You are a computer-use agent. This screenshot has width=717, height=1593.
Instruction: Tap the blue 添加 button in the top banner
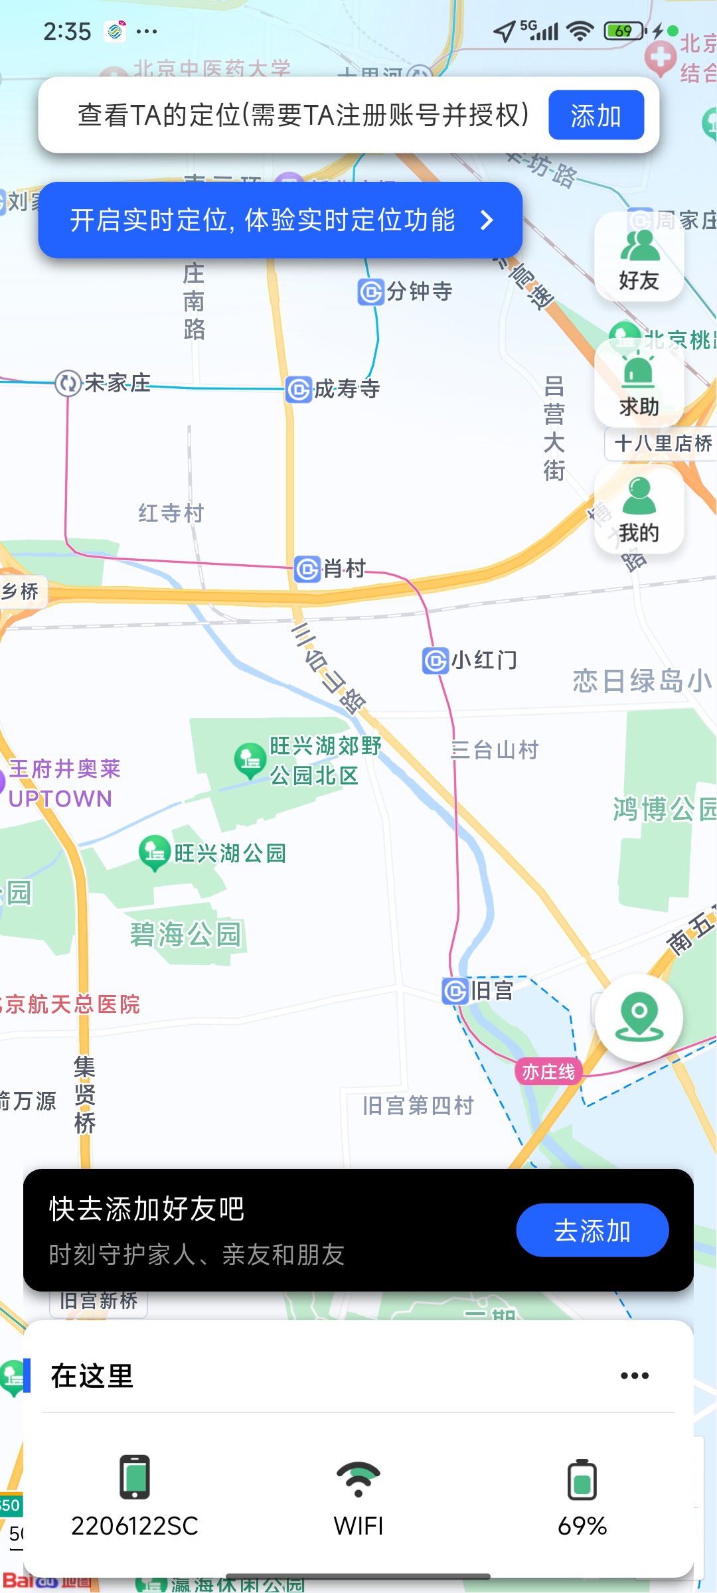point(596,115)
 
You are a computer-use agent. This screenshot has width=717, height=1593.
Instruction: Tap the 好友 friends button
point(639,259)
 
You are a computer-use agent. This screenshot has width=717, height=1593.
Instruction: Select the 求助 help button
point(639,385)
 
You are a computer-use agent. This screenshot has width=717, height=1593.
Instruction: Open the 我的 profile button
point(639,511)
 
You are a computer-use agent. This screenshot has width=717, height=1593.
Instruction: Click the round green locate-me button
point(639,1017)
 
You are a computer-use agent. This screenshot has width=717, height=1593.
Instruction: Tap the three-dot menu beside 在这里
point(634,1376)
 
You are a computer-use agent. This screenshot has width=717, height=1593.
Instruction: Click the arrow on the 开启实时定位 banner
point(487,220)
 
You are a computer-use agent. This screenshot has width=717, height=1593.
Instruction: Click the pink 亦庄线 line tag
point(548,1071)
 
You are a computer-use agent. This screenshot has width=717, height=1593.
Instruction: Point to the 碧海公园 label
point(186,935)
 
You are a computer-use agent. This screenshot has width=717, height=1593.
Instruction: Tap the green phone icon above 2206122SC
point(135,1477)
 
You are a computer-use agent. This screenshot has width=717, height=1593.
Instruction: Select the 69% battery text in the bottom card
point(582,1526)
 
